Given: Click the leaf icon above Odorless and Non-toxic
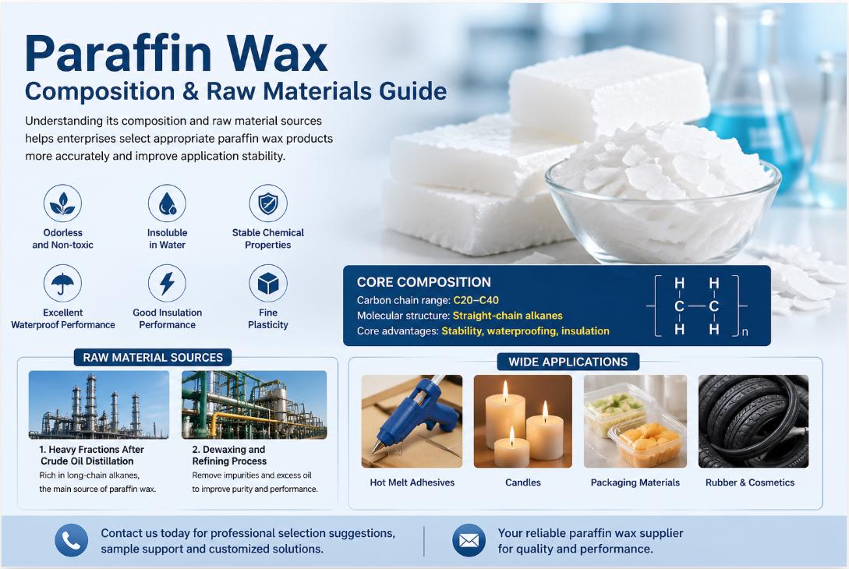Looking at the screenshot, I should pos(62,203).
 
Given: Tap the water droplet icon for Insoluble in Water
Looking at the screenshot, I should pos(167,203).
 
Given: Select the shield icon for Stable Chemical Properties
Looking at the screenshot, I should pos(267,203).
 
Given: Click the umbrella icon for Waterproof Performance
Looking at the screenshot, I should pos(62,284).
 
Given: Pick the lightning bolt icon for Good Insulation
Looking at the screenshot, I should pos(167,284).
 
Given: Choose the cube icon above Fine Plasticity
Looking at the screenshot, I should pos(267,284).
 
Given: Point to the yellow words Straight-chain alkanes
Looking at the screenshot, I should pos(507,316).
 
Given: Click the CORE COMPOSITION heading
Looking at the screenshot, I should pos(423,282).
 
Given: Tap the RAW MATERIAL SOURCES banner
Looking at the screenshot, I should pos(153,357).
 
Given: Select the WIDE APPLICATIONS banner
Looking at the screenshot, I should pos(568,362).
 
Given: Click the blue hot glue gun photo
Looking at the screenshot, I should pos(412,421).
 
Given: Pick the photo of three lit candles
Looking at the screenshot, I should pos(522,421).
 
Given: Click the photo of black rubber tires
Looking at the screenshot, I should pos(753,421).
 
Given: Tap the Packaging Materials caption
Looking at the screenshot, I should pos(635,482).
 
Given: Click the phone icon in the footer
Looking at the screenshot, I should pos(71,540).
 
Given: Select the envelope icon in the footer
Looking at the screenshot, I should pos(469,540).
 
